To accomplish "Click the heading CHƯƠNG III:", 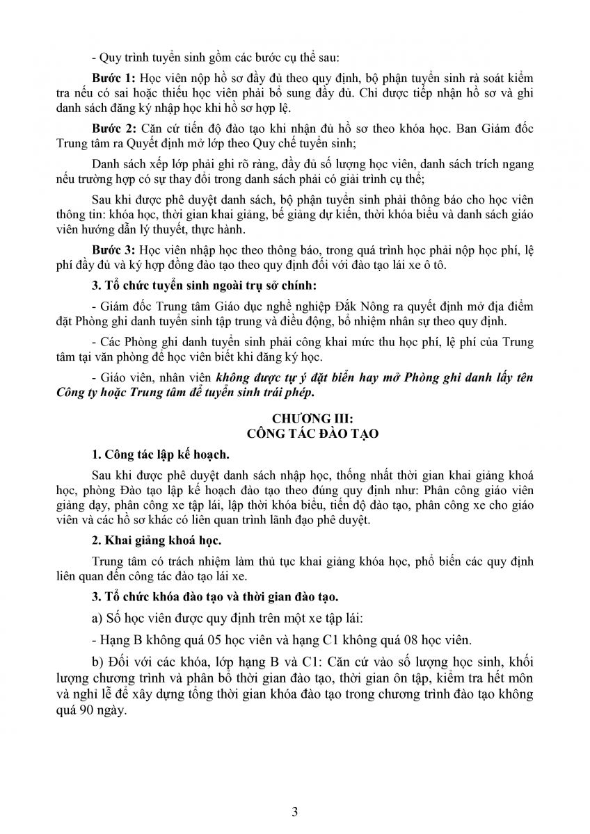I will (x=296, y=419).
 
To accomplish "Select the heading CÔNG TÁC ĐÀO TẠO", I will (x=296, y=433).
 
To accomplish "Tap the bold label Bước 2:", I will (x=113, y=129).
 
